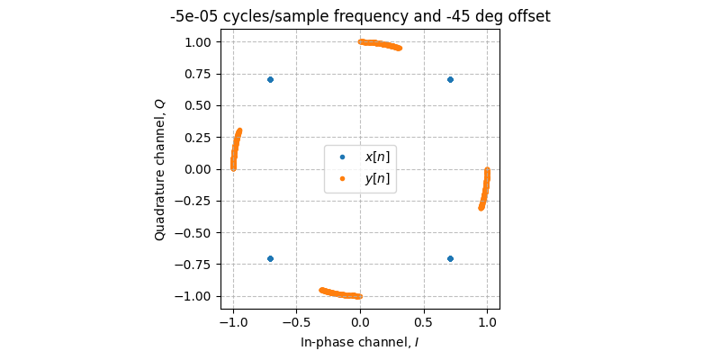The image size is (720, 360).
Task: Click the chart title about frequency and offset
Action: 360,16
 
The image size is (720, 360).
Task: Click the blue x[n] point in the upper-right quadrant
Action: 450,79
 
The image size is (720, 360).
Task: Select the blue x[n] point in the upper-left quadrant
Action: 270,79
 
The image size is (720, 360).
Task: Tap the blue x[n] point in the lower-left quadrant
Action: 270,258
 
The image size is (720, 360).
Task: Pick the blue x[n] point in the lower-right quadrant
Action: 450,258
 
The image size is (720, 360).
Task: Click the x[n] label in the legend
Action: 377,157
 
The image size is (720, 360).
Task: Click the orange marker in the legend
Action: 342,178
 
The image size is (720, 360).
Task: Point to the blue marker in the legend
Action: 342,157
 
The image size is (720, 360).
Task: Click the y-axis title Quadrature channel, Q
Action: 160,169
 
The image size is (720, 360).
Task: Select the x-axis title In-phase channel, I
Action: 360,343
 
